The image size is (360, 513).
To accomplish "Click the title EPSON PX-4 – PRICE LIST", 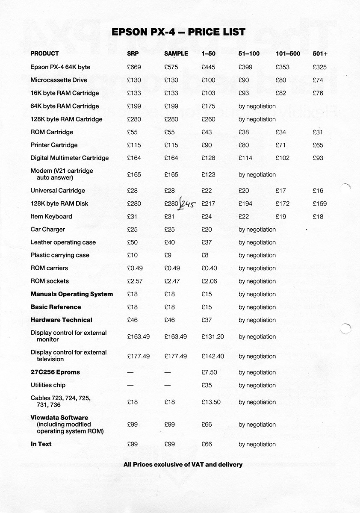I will (178, 32).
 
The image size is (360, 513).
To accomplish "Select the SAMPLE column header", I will (176, 54).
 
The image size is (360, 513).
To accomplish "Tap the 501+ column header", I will (323, 54).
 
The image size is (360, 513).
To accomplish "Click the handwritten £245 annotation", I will (186, 204).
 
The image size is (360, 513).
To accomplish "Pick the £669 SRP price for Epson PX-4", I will (134, 67).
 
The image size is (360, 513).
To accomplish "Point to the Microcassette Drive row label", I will (59, 80).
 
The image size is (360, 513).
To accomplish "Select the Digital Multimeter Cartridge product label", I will (69, 158).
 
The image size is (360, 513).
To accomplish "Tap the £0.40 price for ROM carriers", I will (209, 268).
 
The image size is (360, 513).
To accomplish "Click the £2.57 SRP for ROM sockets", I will (135, 281).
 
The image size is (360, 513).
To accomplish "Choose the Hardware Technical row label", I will (61, 320).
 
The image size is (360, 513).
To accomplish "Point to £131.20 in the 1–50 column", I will (212, 336).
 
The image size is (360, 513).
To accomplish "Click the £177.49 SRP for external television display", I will (139, 356).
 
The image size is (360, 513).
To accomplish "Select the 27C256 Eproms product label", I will (55, 372).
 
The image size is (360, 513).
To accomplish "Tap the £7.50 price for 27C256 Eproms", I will (209, 372).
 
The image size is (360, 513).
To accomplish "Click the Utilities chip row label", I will (47, 385).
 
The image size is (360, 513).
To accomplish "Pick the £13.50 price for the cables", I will (211, 402).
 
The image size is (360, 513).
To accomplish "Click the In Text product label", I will (41, 444).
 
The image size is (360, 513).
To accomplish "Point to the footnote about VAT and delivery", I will (183, 464).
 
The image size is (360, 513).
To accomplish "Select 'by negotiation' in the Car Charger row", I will (257, 230).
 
